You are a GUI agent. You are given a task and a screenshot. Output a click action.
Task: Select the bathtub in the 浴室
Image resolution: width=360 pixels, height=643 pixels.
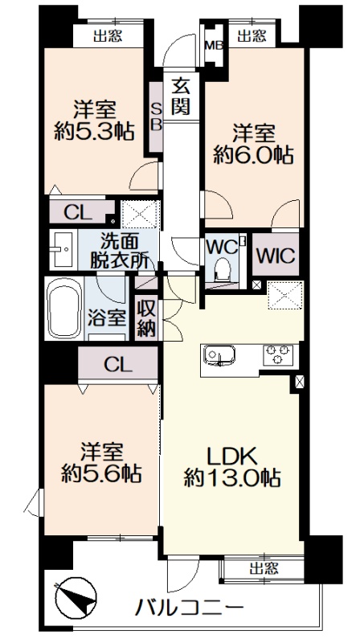tap(63, 308)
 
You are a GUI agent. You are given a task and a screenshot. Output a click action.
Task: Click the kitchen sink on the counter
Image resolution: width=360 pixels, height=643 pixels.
tap(220, 355)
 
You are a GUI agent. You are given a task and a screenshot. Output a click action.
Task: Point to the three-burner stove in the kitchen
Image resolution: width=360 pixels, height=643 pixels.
tap(278, 354)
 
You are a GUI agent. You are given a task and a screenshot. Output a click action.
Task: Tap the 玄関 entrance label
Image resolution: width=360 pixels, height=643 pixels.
tap(180, 96)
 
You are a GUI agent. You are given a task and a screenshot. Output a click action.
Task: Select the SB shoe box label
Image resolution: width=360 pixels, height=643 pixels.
tap(156, 117)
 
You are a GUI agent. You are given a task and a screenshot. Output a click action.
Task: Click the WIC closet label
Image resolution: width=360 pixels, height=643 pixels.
tap(275, 256)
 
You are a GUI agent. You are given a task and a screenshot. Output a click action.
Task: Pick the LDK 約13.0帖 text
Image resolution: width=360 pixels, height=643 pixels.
tap(232, 466)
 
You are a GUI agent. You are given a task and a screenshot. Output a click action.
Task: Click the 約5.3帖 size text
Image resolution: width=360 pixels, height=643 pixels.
tap(94, 132)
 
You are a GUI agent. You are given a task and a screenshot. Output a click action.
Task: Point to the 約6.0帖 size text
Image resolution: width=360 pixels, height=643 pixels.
tap(253, 156)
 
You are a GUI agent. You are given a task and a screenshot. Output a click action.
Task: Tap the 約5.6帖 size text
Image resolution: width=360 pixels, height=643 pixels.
tap(101, 473)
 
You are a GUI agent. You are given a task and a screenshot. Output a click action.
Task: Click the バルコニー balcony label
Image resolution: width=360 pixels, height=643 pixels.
tap(190, 606)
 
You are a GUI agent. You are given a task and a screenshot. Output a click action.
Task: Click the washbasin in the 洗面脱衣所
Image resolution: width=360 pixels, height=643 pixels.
tap(63, 249)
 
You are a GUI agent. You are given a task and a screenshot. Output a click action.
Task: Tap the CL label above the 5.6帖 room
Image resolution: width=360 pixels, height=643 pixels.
tap(117, 364)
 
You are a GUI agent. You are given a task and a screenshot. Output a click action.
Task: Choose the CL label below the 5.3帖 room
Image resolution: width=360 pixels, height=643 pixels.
tap(78, 213)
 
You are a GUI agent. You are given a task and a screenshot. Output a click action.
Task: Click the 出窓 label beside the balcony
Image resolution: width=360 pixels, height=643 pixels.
tap(264, 568)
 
